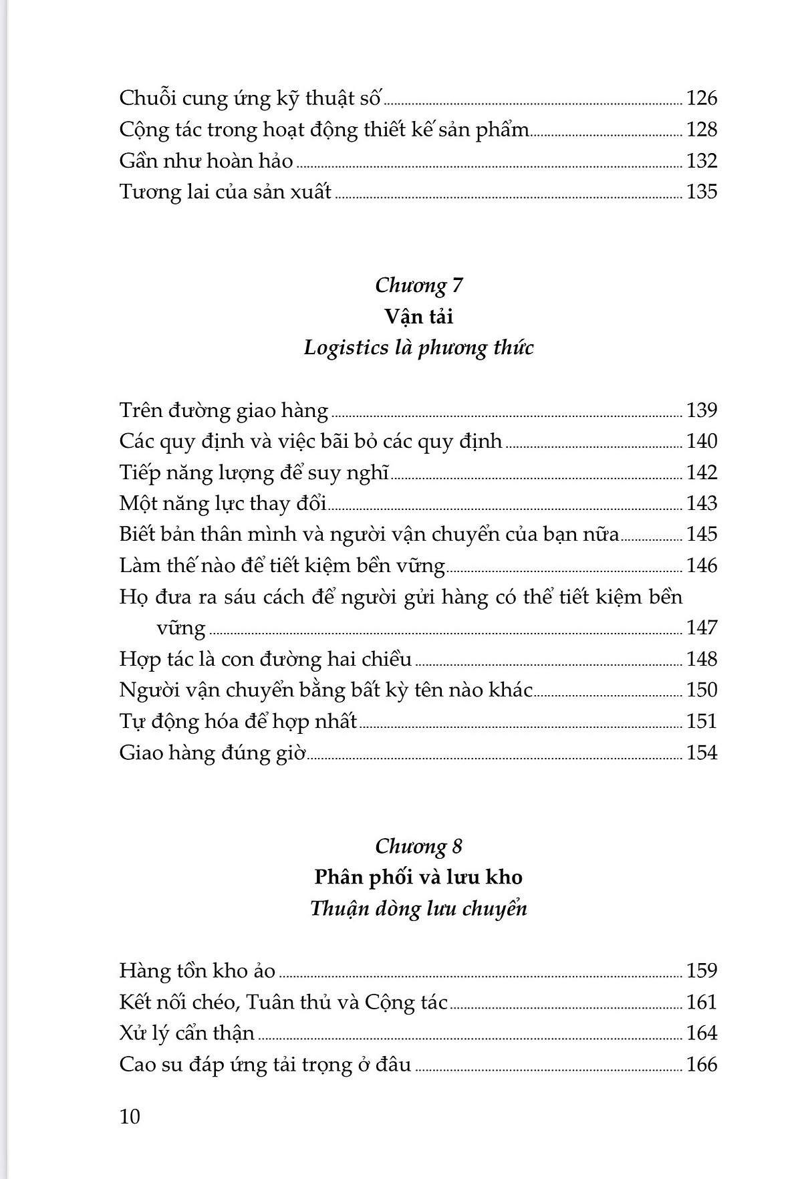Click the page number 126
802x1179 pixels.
point(701,98)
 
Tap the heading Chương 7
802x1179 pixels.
point(418,285)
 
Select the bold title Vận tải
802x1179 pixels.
point(418,316)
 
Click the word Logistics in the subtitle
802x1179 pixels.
point(346,348)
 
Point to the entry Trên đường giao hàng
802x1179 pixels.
point(224,410)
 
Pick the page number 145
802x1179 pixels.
point(701,534)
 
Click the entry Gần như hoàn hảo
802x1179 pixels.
point(206,161)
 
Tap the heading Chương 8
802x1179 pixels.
point(418,846)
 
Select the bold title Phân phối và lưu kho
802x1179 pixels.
point(418,877)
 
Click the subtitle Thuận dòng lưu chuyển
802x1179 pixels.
point(418,908)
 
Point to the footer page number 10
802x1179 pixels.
point(130,1116)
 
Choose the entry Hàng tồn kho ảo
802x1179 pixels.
point(197,970)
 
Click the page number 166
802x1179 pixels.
point(701,1064)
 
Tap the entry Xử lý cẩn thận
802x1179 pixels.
point(187,1033)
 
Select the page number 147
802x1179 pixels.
point(701,628)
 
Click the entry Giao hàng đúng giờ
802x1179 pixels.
point(213,753)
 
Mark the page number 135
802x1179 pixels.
point(701,192)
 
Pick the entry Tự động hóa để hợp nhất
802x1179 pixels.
point(238,722)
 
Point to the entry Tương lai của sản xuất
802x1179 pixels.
point(225,192)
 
